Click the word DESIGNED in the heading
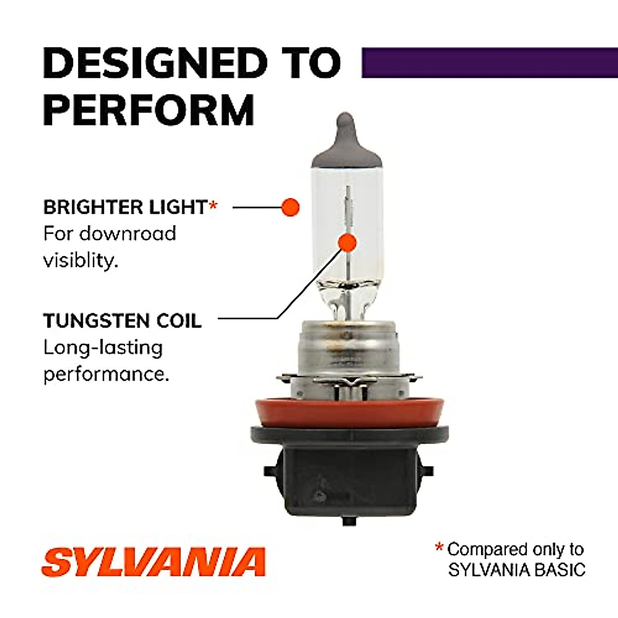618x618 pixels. (x=155, y=63)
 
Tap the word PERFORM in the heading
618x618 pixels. (x=149, y=110)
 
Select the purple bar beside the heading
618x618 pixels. (x=489, y=63)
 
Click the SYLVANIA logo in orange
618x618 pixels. (x=153, y=562)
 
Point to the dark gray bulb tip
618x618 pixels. (x=347, y=139)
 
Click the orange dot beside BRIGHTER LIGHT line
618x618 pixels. (x=290, y=207)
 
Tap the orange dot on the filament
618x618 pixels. (x=348, y=242)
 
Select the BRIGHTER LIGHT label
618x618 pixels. (x=125, y=207)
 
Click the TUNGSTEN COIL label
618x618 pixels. (x=123, y=321)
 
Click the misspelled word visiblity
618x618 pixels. (x=80, y=260)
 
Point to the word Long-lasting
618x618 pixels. (x=103, y=348)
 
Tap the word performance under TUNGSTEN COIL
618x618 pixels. (x=106, y=374)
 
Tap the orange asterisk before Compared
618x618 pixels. (x=439, y=547)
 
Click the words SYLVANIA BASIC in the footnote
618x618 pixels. (x=517, y=570)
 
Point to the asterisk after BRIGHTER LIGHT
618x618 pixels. (x=213, y=206)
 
